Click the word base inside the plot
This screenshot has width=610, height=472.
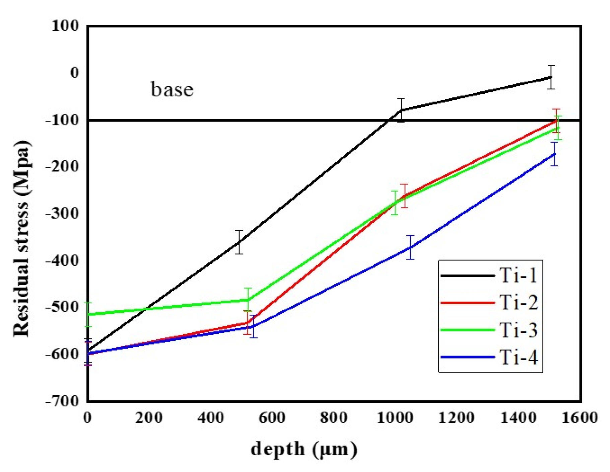click(172, 89)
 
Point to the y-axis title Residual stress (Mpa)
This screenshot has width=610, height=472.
click(22, 238)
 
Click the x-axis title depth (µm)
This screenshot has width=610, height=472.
click(304, 449)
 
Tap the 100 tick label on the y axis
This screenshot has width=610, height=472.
click(65, 26)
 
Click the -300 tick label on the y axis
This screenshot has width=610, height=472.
click(62, 213)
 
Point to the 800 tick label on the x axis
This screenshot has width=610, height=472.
click(333, 418)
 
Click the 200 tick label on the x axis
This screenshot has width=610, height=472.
click(149, 418)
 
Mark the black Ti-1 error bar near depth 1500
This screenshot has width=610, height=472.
click(551, 77)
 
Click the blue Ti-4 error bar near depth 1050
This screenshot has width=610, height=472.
click(410, 247)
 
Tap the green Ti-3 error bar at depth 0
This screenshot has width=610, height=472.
click(88, 314)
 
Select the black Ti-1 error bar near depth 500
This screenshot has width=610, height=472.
click(239, 242)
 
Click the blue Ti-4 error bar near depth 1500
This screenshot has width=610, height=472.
click(554, 154)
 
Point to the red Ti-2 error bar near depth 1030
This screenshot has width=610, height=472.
click(404, 196)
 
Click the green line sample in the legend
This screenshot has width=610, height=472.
click(467, 330)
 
